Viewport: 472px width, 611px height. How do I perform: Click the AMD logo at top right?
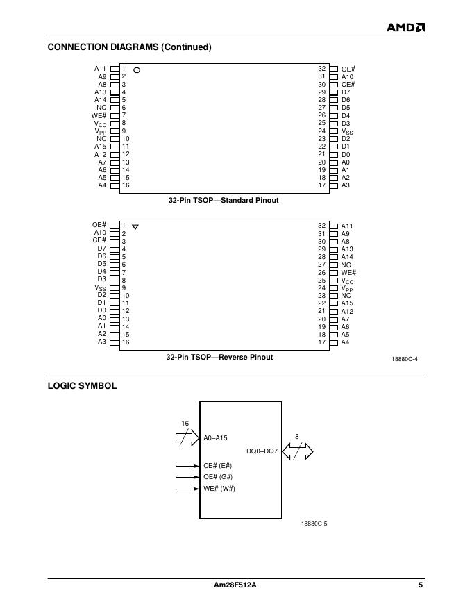point(405,27)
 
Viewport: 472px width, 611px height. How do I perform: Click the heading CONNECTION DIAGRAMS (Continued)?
point(129,47)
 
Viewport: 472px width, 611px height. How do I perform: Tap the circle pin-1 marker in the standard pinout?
point(137,70)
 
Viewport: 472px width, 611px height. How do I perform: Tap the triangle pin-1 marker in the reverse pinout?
point(135,227)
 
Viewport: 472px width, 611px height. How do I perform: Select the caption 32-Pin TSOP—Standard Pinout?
point(224,200)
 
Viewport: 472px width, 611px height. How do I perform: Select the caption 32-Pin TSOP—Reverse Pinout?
point(219,357)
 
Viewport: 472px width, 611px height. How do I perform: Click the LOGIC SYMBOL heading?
point(82,385)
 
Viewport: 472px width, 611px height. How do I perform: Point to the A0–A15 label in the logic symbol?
point(215,438)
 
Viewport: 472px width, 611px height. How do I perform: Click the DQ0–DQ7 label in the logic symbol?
point(262,451)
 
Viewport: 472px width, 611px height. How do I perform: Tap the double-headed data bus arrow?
point(297,451)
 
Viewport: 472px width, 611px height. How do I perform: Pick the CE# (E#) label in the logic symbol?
point(218,465)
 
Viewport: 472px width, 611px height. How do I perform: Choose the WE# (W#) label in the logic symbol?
point(219,489)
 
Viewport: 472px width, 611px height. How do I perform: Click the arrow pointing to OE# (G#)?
point(187,477)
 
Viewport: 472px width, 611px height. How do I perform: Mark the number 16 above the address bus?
point(185,423)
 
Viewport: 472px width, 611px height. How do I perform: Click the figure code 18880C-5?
point(314,524)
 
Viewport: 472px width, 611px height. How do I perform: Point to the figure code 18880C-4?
point(405,359)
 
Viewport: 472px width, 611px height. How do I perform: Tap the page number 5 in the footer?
point(421,585)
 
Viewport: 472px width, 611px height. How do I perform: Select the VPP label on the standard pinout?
point(101,131)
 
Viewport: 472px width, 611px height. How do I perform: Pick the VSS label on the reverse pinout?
point(101,288)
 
